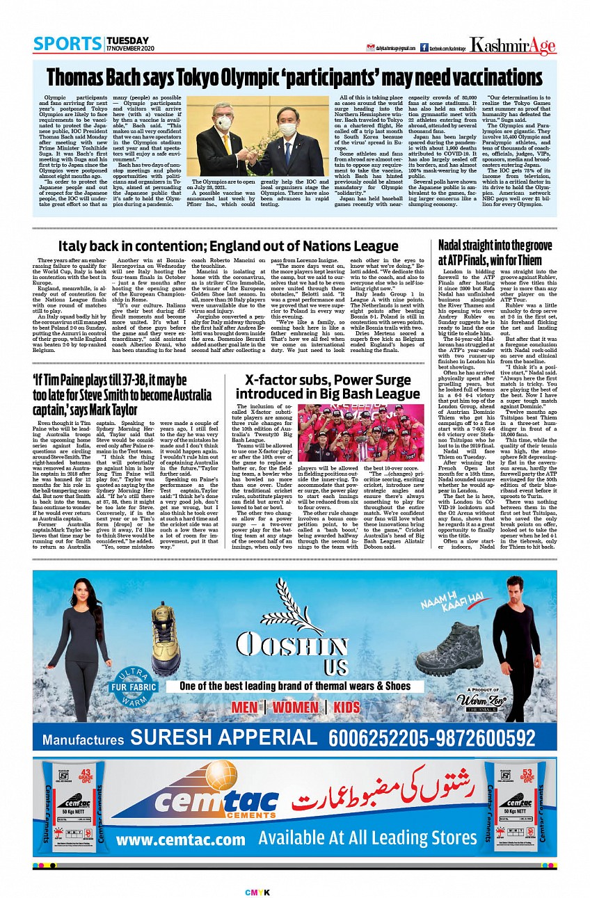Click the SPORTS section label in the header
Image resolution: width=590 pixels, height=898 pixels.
tap(67, 44)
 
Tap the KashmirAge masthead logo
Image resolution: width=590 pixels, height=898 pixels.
tap(513, 46)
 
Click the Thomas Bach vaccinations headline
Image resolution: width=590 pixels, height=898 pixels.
tap(294, 76)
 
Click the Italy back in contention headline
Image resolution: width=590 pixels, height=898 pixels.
tap(228, 246)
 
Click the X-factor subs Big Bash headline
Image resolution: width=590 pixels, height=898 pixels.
tap(328, 387)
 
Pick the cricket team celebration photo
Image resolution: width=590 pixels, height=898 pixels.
tap(360, 433)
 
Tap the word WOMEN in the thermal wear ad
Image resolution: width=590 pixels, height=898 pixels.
tap(295, 707)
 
